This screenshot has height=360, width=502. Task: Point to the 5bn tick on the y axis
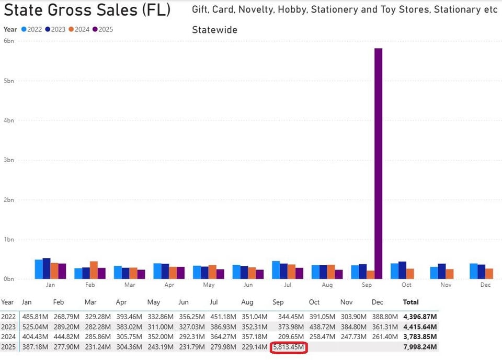8,81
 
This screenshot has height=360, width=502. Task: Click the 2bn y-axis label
8,200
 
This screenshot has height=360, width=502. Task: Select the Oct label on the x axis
406,285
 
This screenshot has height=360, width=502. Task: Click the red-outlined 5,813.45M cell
289,347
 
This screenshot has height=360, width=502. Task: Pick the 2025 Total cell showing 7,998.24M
420,347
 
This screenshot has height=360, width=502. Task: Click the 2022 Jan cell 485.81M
35,317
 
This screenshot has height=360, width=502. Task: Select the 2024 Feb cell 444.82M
66,337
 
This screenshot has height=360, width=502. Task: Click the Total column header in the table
410,302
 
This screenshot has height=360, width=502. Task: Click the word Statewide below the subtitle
214,30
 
